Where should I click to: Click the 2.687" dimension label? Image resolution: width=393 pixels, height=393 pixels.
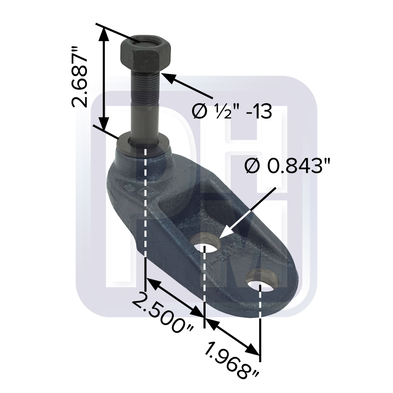coord(80,77)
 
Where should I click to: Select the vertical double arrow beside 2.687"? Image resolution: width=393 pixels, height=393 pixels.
coord(103,79)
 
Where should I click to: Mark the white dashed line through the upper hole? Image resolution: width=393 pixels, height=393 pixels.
coord(205,283)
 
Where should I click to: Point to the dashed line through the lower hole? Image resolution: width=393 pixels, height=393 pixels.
coord(260,314)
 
